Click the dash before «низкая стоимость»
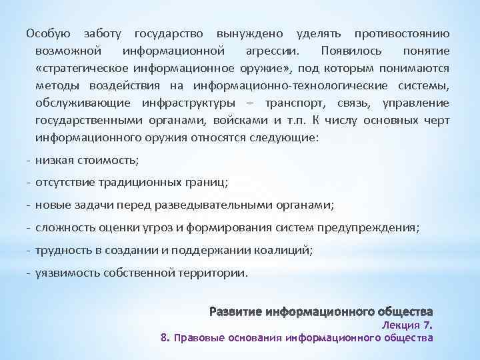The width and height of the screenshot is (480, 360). click(29, 160)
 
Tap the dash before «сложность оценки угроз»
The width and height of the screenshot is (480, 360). click(29, 227)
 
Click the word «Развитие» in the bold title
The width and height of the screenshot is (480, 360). click(235, 312)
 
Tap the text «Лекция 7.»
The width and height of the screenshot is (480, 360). click(407, 325)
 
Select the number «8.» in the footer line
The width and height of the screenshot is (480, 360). click(165, 338)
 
